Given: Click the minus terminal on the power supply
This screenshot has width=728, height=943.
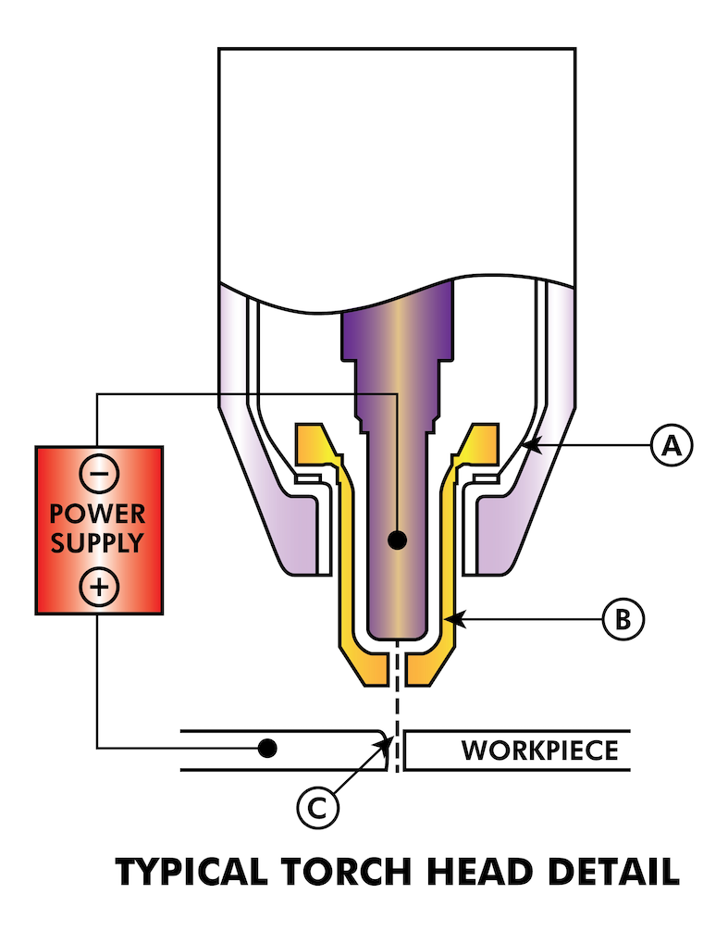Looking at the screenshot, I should [x=98, y=474].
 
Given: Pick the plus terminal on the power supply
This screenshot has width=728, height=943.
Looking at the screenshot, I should [x=98, y=585].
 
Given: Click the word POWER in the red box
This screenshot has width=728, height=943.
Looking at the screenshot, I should [x=98, y=515].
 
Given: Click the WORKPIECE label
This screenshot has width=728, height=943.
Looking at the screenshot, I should [x=539, y=749].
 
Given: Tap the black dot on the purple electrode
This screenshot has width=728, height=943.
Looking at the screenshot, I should [x=397, y=540].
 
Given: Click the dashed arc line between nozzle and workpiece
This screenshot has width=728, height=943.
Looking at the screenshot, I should [x=397, y=703].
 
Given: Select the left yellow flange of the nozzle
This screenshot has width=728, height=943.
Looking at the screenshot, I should [x=313, y=444].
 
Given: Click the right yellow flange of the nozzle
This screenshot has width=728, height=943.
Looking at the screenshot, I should [x=481, y=444].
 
